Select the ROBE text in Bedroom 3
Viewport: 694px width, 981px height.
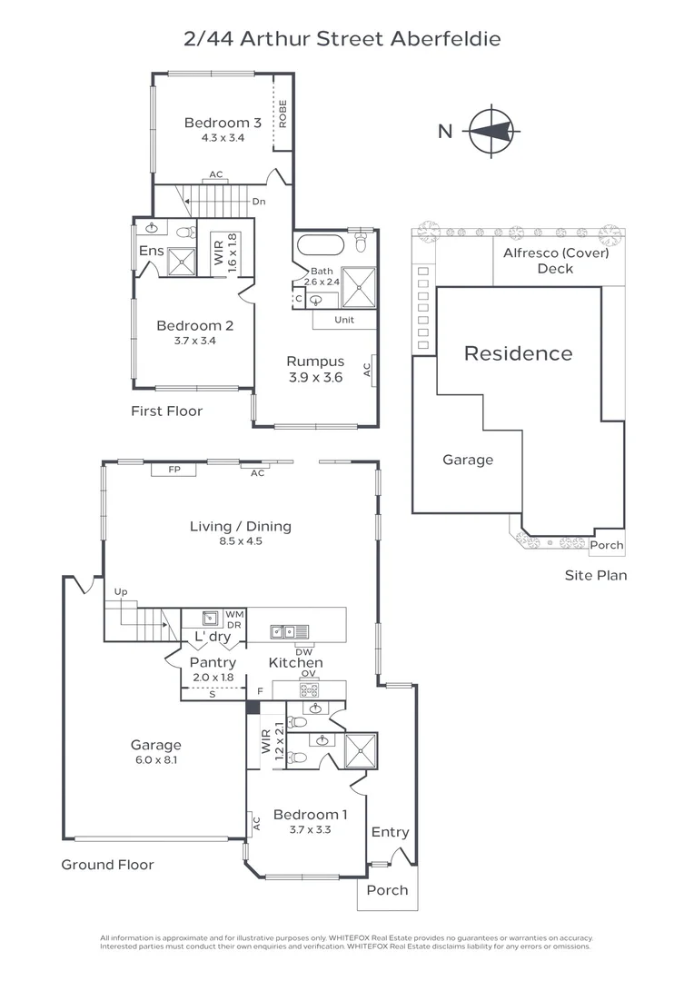tap(283, 114)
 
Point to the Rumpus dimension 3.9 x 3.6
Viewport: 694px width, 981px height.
tap(315, 378)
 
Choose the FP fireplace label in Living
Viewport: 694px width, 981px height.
tap(174, 471)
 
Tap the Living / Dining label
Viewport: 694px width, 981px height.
tap(240, 526)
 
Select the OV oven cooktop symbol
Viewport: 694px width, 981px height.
tap(309, 689)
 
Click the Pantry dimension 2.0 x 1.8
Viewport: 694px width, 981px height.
tap(213, 678)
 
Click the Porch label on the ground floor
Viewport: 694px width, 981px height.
tap(387, 890)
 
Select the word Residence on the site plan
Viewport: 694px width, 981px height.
tap(518, 353)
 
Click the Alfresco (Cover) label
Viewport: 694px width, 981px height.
tap(555, 253)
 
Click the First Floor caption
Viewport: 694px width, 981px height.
tap(166, 411)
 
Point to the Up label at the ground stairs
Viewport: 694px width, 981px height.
tap(120, 592)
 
